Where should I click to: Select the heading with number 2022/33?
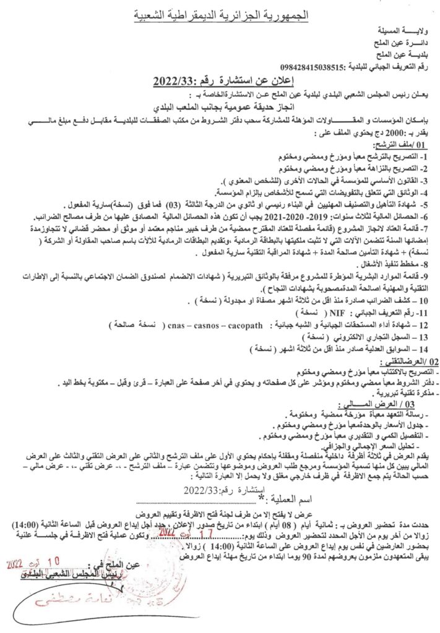click(x=220, y=81)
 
